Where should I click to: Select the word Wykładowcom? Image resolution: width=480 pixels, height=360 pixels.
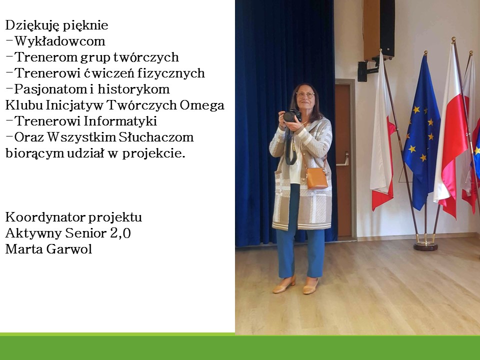pyautogui.click(x=59, y=41)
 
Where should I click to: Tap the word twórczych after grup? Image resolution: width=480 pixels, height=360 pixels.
pyautogui.click(x=146, y=57)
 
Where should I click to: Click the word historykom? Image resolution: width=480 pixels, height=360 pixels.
pyautogui.click(x=134, y=89)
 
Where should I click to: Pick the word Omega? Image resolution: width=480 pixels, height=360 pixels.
pyautogui.click(x=202, y=105)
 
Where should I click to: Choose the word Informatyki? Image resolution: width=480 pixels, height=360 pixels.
pyautogui.click(x=120, y=121)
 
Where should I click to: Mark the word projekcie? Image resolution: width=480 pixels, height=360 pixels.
pyautogui.click(x=153, y=153)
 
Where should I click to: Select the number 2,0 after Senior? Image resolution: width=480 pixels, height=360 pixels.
pyautogui.click(x=120, y=233)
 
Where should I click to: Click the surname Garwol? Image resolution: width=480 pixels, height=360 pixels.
pyautogui.click(x=70, y=249)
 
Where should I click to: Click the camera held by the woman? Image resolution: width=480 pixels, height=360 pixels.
pyautogui.click(x=292, y=116)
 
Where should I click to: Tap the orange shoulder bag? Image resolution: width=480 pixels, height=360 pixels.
pyautogui.click(x=317, y=178)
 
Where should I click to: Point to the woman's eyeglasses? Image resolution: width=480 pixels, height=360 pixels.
pyautogui.click(x=304, y=95)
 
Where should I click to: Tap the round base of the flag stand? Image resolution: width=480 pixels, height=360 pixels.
pyautogui.click(x=425, y=245)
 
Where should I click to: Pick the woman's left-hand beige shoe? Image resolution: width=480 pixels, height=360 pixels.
pyautogui.click(x=284, y=285)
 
